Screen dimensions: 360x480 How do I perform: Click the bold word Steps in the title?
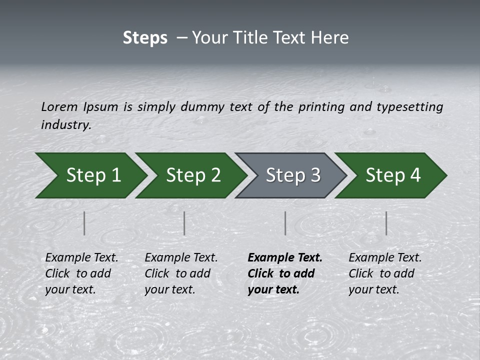[x=145, y=38]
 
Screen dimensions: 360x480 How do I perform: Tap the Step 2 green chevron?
[x=193, y=175]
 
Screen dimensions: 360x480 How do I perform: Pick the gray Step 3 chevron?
[x=293, y=175]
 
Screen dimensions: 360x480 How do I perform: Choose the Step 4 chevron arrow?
[x=393, y=175]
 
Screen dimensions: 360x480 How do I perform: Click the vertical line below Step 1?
[x=84, y=223]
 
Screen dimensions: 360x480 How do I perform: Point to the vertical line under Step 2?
[x=184, y=223]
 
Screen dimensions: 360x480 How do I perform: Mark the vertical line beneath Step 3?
[x=285, y=223]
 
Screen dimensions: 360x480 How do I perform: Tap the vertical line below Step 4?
[x=386, y=223]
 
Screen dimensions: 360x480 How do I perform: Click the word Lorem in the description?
[x=59, y=106]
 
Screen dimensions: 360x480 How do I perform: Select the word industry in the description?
[x=66, y=124]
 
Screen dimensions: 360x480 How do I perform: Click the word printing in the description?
[x=320, y=106]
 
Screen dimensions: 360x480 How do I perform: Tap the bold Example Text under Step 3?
[x=285, y=258]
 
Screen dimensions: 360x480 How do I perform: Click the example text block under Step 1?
[x=81, y=273]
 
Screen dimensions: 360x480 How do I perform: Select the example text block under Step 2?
[x=181, y=273]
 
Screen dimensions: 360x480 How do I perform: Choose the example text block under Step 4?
[x=385, y=273]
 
